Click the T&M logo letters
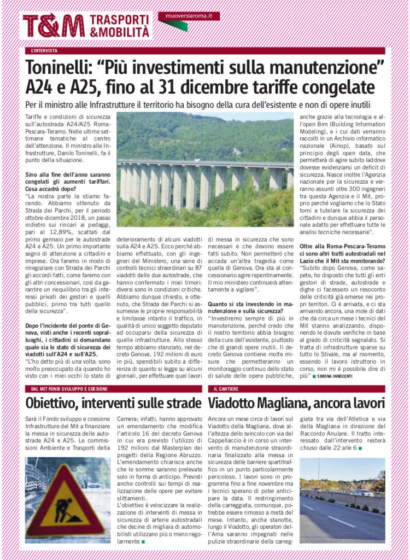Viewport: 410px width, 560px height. tap(54, 25)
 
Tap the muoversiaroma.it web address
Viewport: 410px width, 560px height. tap(189, 16)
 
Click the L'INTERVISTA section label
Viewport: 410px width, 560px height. tap(44, 51)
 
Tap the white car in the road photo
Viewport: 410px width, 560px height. tap(362, 492)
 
